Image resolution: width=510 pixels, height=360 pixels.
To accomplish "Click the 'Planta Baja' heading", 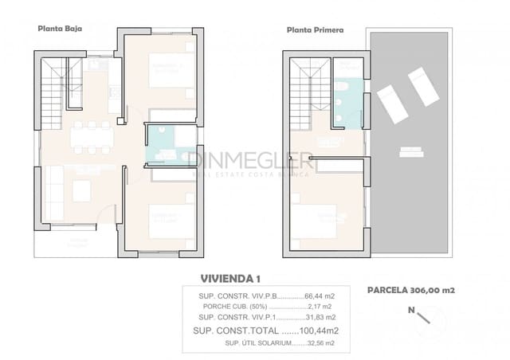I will [x=60, y=28].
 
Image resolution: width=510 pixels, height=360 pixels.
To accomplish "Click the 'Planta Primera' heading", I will [x=315, y=30].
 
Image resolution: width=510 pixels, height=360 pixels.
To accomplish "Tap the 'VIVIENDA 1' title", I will [x=229, y=278].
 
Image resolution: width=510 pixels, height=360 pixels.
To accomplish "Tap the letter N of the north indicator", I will [x=411, y=309].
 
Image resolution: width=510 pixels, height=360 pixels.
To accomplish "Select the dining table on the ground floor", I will [x=93, y=137].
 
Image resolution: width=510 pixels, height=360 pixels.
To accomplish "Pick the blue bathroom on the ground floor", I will [x=163, y=144].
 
